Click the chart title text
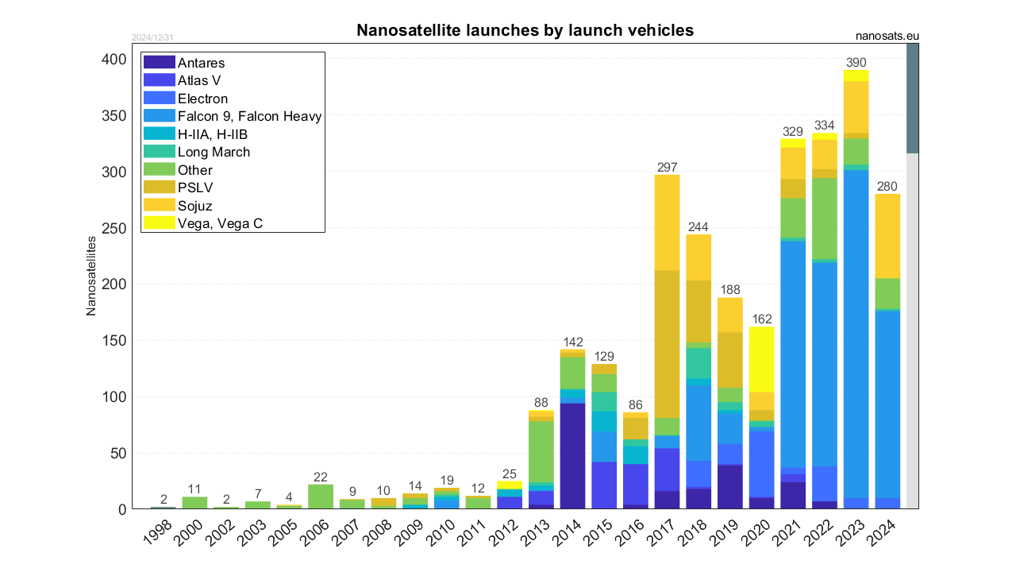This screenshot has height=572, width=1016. coord(525,30)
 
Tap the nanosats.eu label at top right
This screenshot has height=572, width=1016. coord(887,36)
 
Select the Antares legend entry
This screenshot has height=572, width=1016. coord(201,63)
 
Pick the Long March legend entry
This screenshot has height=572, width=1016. coord(214,152)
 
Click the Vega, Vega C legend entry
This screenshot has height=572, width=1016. coord(220,223)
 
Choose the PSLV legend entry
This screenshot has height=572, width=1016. coord(194,187)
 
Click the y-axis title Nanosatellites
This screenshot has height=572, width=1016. coord(91,275)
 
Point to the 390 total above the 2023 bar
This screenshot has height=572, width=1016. coord(856,63)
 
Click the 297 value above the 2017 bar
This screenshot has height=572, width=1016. coord(668,167)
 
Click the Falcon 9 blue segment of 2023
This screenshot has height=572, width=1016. coord(856,334)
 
